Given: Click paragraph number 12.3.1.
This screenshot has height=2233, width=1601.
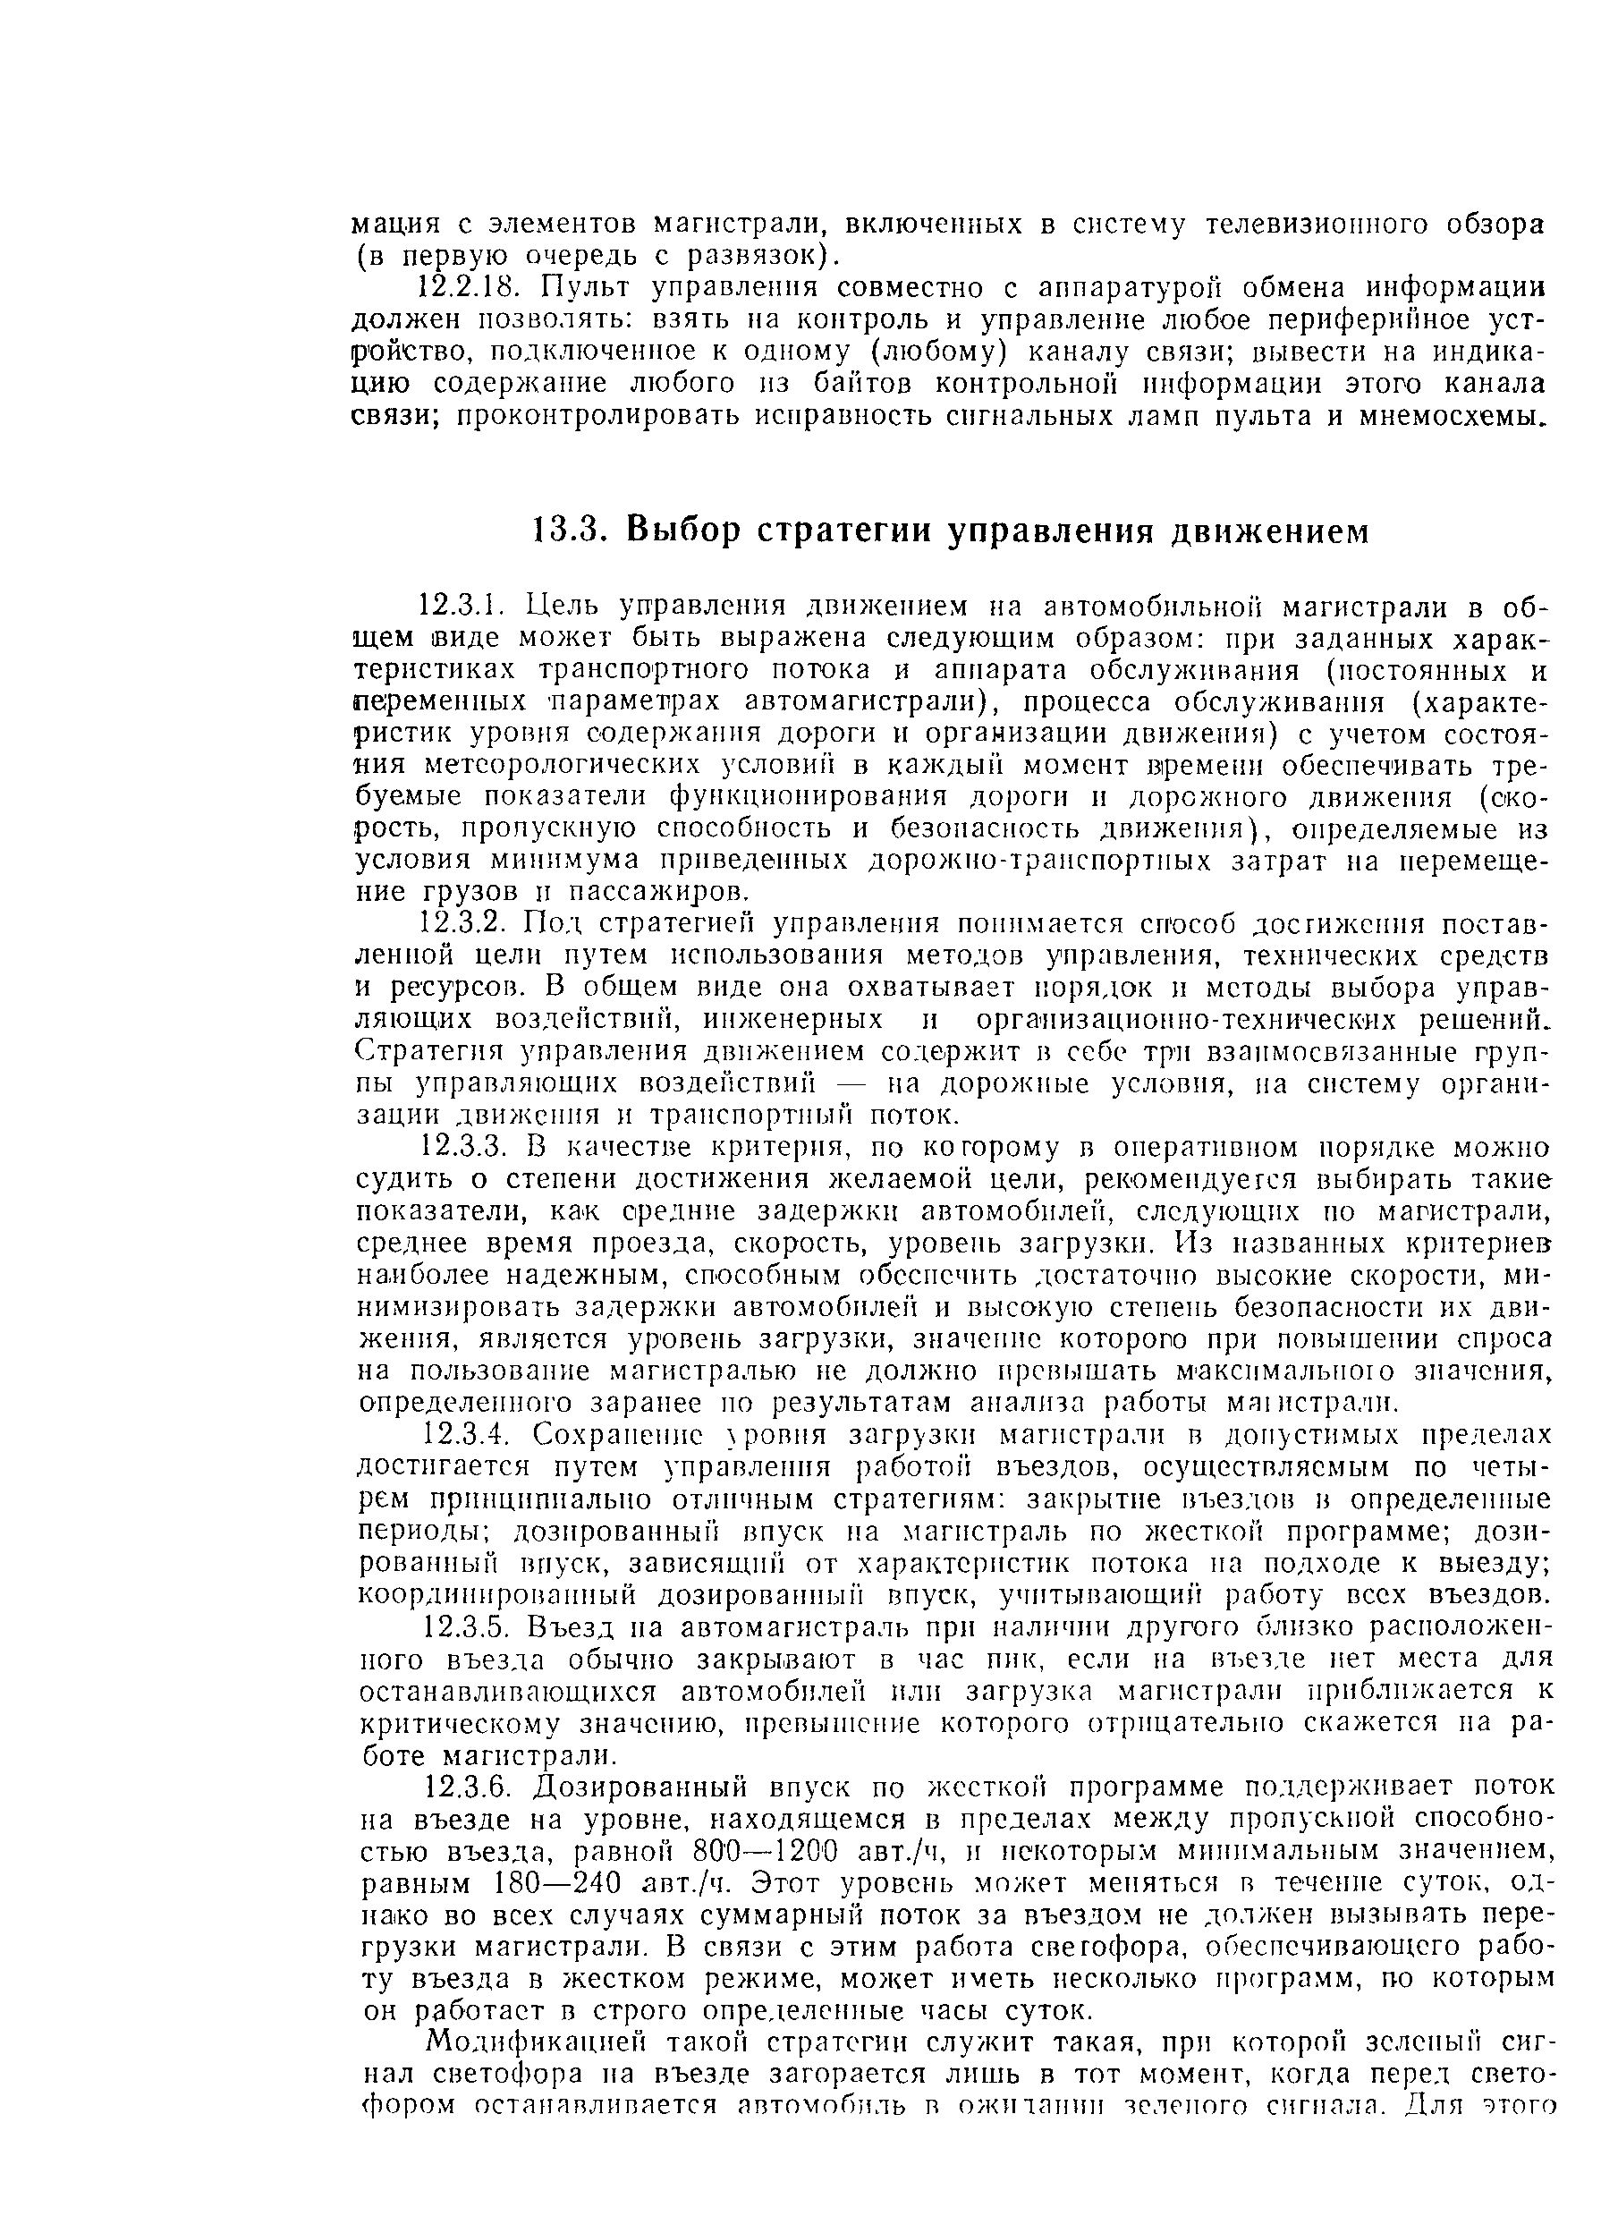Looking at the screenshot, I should coord(461,604).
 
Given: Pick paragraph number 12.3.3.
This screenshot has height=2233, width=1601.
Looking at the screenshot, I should coord(462,1147).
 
